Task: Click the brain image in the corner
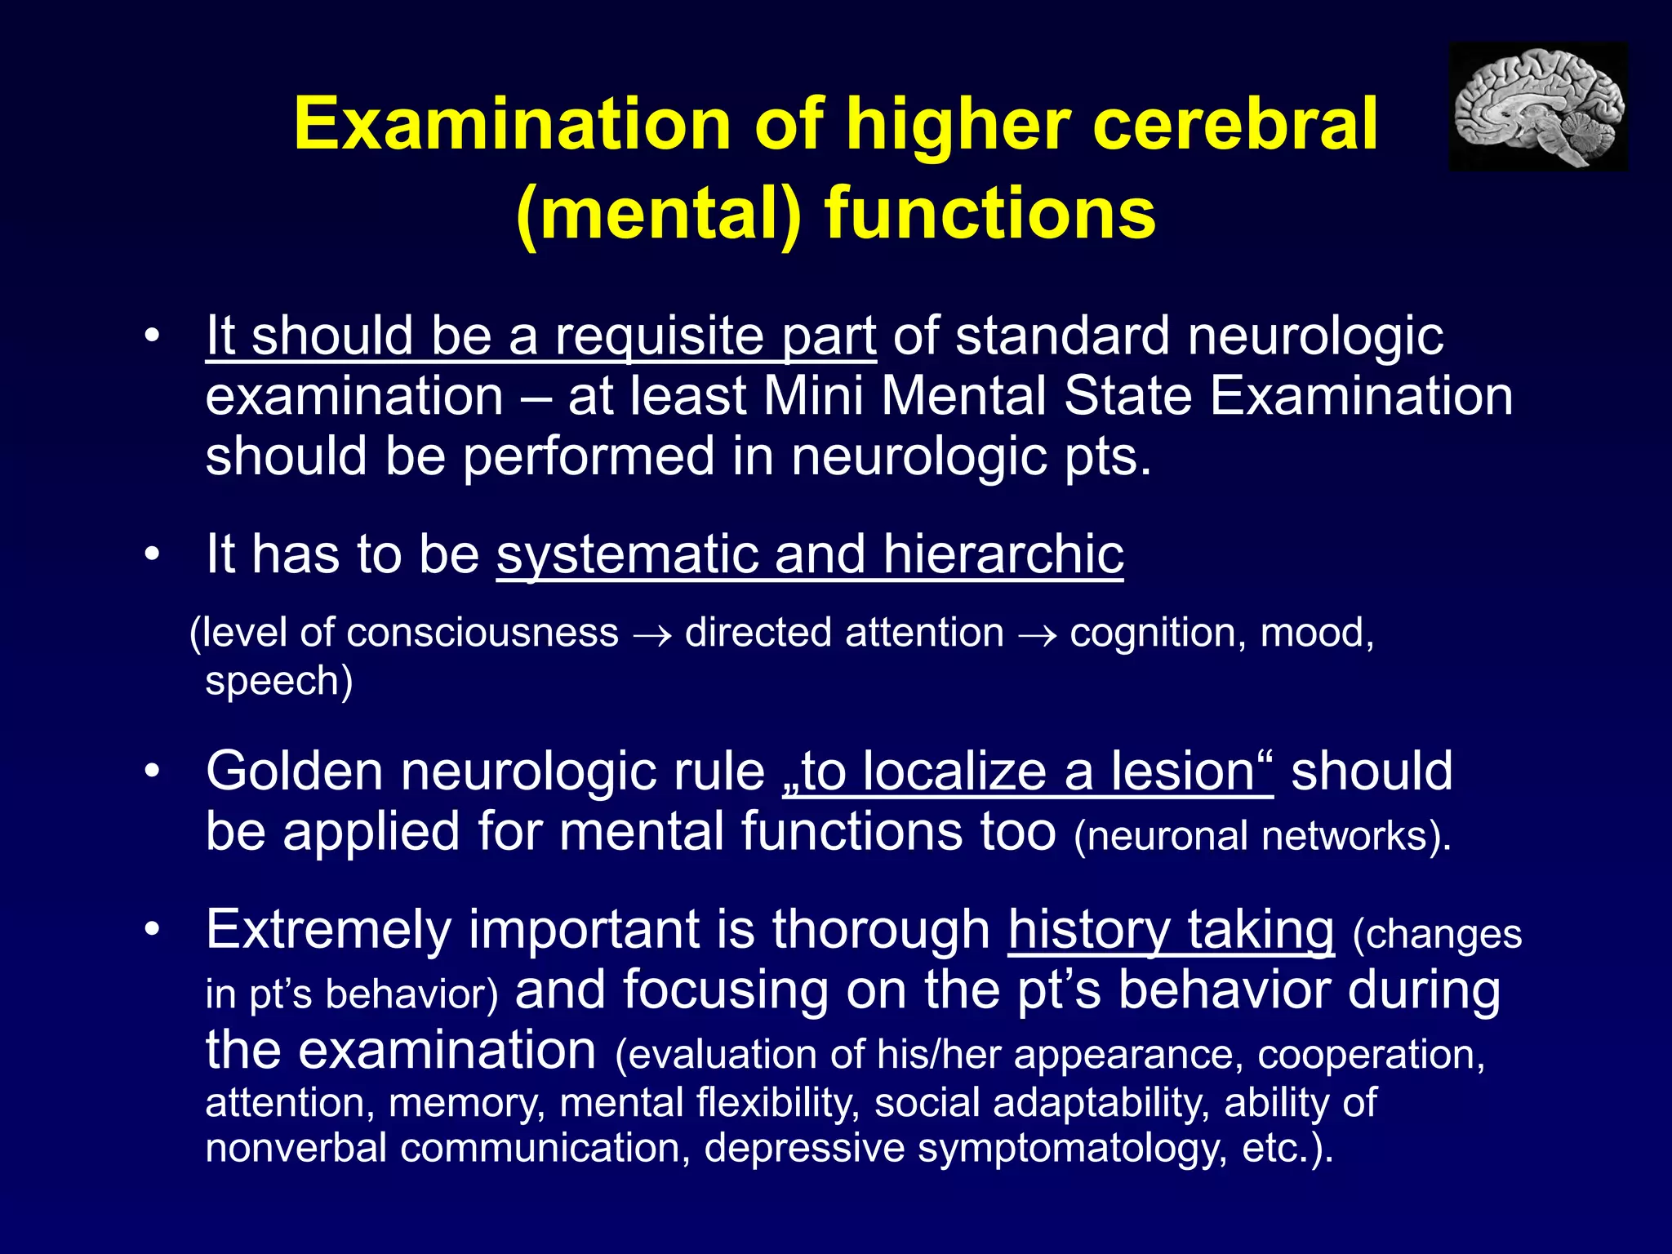point(1538,107)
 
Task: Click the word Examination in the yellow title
point(512,123)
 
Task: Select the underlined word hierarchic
point(1003,554)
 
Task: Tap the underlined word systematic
point(626,554)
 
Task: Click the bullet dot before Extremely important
point(151,930)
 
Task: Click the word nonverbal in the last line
point(296,1147)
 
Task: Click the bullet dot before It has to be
point(151,554)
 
